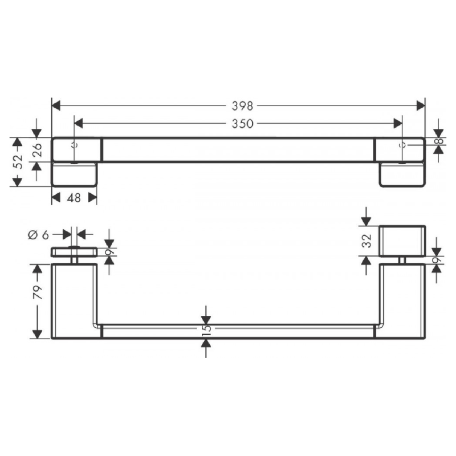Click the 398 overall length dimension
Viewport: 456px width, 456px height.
(x=242, y=105)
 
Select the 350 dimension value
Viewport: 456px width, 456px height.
(x=242, y=123)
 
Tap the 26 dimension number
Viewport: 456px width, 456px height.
(x=36, y=149)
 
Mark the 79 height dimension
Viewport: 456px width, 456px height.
(x=37, y=294)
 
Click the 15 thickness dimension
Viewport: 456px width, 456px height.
(x=206, y=329)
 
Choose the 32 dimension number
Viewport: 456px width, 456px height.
(x=367, y=241)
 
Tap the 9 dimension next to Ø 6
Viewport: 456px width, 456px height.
(x=109, y=251)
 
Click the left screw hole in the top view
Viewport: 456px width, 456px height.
(x=74, y=145)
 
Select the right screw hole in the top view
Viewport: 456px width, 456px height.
(x=402, y=145)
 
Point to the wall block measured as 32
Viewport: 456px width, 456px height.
(x=402, y=241)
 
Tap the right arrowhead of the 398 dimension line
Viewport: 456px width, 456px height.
(x=421, y=105)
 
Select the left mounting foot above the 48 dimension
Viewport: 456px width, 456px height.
(x=75, y=174)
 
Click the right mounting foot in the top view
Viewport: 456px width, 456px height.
(x=402, y=174)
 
